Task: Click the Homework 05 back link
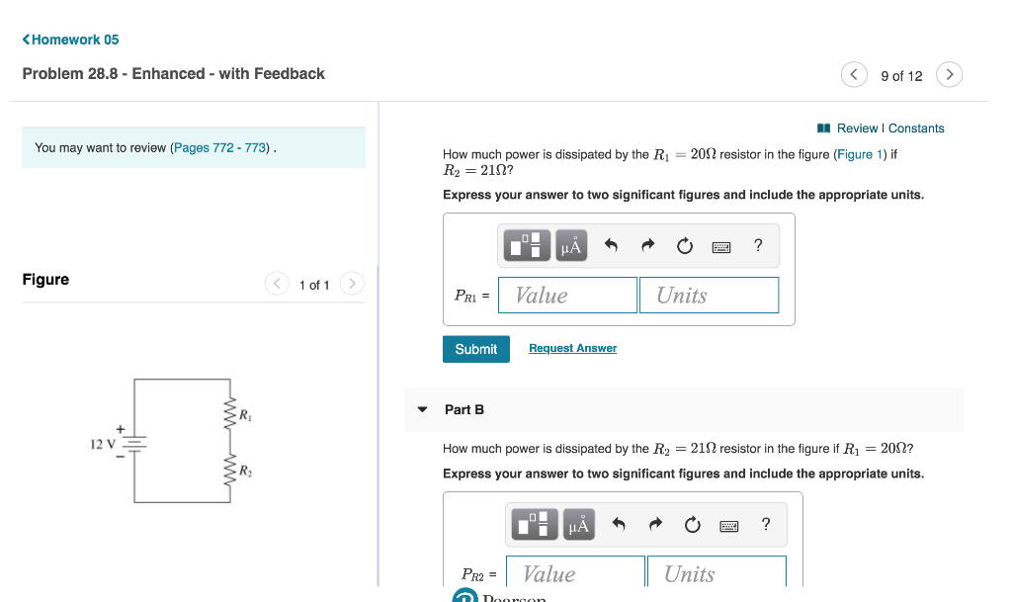(x=70, y=40)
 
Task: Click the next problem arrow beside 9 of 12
(x=949, y=75)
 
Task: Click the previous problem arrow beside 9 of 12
(x=854, y=75)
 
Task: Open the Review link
(x=856, y=129)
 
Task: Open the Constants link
(x=916, y=129)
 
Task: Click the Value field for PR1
(x=567, y=296)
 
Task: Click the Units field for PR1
(x=709, y=296)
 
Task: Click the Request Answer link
(x=572, y=349)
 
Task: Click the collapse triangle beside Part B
(x=423, y=409)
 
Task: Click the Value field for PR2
(x=574, y=574)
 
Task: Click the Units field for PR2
(x=717, y=574)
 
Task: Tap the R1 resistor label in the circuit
(x=243, y=413)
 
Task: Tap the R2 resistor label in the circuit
(x=243, y=471)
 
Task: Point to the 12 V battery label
(x=103, y=445)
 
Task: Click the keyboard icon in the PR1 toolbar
(x=721, y=247)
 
